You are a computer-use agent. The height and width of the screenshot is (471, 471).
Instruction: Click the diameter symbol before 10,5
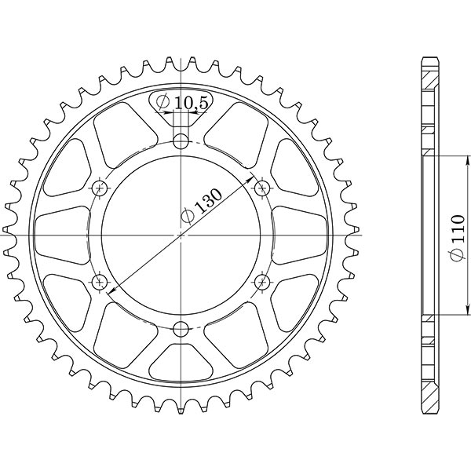coord(162,102)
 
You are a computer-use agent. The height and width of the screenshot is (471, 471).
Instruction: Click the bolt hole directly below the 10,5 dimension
coord(181,142)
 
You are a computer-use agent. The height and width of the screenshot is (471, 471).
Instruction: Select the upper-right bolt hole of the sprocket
coord(262,188)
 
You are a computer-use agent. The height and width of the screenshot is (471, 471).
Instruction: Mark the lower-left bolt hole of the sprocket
coord(100,281)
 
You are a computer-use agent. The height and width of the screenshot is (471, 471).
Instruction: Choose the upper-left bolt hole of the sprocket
coord(100,188)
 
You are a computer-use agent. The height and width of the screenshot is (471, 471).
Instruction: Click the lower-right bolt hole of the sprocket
coord(262,281)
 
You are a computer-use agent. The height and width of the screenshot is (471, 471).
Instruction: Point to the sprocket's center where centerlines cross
coord(181,235)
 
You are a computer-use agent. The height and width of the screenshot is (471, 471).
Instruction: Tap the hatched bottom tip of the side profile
coord(429,399)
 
